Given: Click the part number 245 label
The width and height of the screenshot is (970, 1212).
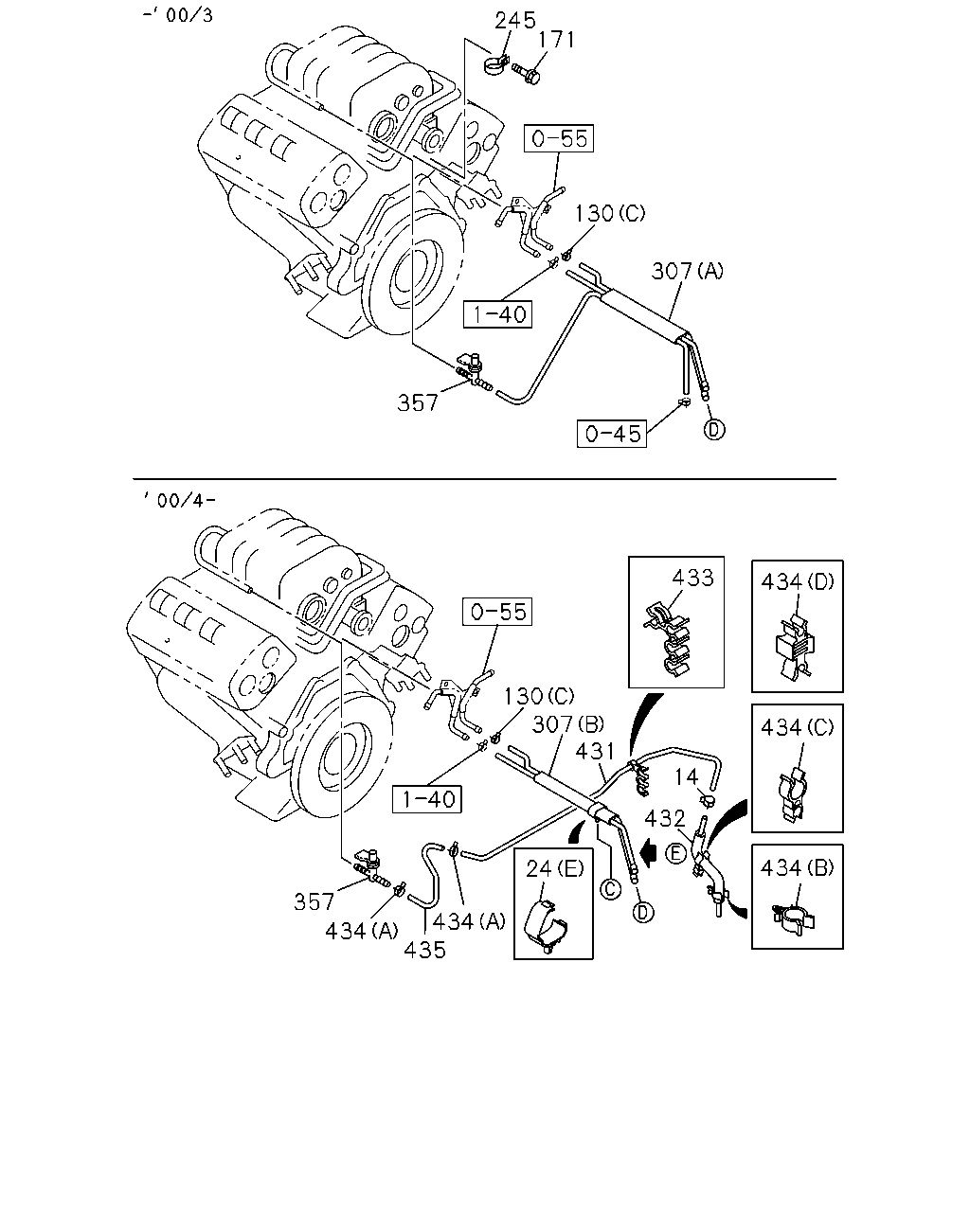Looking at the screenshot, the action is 514,21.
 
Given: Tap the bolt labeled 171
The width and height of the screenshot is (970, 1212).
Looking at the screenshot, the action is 527,73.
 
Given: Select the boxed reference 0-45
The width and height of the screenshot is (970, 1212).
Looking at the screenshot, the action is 612,434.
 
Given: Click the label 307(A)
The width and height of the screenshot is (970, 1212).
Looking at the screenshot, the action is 687,272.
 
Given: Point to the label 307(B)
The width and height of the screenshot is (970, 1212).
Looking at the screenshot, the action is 567,724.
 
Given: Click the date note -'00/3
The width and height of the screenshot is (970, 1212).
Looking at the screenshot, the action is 177,15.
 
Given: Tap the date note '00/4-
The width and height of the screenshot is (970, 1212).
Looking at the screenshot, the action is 179,500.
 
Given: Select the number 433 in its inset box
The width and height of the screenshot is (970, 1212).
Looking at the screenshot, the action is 692,578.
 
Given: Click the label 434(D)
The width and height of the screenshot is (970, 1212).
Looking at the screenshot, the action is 798,581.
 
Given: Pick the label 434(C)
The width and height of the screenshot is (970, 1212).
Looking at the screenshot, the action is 797,727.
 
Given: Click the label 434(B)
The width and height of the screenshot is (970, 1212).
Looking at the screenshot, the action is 797,868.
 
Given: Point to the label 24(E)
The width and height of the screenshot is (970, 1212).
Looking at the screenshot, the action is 554,869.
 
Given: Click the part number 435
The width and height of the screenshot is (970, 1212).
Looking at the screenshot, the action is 425,950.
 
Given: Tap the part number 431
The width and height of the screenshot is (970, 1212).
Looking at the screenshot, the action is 595,751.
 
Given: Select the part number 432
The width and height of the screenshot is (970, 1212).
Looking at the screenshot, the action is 665,819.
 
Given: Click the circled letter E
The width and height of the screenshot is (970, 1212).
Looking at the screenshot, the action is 674,853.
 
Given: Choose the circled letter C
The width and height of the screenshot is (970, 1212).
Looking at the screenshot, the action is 610,889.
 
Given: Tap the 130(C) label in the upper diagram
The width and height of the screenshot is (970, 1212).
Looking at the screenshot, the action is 610,213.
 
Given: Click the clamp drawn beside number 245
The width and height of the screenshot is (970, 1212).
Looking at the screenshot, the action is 496,66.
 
